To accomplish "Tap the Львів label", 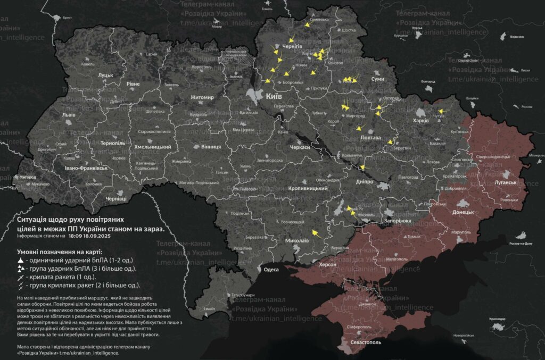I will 69,115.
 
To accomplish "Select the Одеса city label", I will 271,270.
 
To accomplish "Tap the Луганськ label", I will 506,182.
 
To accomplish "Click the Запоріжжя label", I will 398,220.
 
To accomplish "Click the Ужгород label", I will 25,177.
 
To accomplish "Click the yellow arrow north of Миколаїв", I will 315,232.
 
